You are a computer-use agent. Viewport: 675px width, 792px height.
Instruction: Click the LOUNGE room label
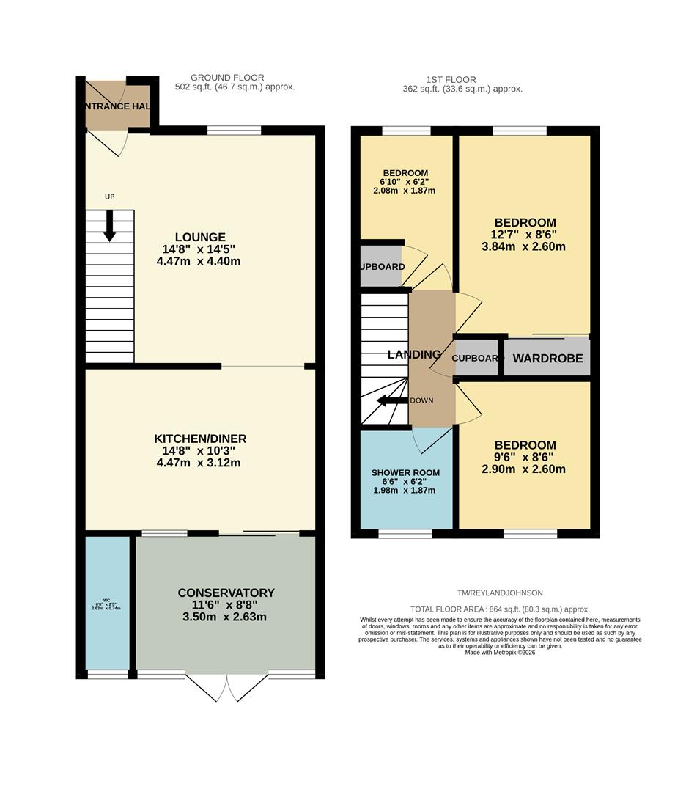point(199,238)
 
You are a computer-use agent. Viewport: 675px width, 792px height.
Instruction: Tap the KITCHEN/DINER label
point(199,439)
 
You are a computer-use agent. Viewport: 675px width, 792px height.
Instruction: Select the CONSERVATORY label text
point(226,593)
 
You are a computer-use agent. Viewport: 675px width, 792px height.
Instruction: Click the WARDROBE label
point(547,359)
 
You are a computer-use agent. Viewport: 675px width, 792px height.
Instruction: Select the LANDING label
point(414,355)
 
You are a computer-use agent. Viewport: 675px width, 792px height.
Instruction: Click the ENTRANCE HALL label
point(117,106)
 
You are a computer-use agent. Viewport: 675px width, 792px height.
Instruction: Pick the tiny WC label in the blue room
point(106,600)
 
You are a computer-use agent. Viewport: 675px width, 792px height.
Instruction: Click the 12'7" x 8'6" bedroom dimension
point(524,235)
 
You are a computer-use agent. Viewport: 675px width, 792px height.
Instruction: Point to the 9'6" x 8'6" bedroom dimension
point(524,458)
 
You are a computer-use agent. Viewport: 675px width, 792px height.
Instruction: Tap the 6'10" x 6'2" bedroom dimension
point(405,182)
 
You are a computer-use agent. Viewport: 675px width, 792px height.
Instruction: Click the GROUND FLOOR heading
point(227,78)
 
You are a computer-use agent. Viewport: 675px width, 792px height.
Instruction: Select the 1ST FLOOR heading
point(451,80)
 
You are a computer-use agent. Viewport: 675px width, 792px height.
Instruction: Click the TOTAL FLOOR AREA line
point(500,609)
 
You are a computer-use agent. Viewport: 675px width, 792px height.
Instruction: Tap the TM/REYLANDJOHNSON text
point(501,593)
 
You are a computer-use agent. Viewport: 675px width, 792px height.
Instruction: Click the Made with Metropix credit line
point(500,652)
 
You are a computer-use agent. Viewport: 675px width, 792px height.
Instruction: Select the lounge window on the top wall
point(234,131)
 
